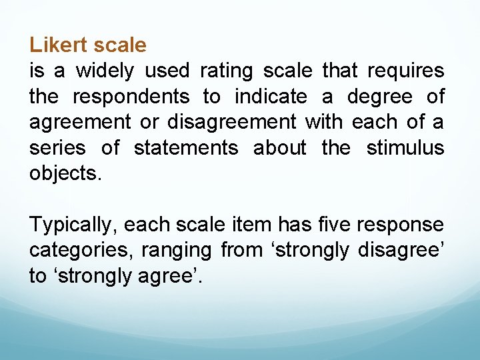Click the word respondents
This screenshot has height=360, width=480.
131,97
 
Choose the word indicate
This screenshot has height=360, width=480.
271,97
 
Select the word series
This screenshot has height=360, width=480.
57,147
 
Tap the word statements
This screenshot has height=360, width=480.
185,147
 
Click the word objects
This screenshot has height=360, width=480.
65,173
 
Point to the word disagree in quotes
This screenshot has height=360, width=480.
400,251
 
